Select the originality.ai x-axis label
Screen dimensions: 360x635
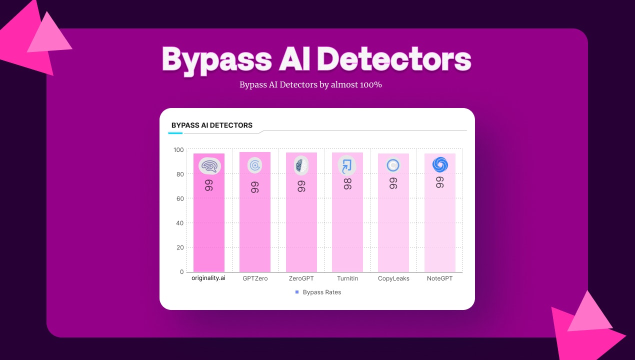coord(208,278)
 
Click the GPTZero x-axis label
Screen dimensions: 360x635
coord(255,278)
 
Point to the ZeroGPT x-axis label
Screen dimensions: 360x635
coord(301,278)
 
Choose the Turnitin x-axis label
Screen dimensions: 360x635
coord(347,278)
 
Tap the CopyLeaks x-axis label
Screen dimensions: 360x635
coord(393,278)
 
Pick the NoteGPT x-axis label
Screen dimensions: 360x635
coord(440,278)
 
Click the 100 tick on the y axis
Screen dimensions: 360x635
coord(178,150)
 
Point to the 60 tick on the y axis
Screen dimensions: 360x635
coord(180,198)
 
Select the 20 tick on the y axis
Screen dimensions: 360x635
coord(180,247)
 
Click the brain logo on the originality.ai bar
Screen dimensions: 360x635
coord(209,166)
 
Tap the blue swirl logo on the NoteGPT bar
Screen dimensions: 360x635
coord(440,164)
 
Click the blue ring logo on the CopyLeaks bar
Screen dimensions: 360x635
coord(393,165)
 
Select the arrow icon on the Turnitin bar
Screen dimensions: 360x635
coord(347,165)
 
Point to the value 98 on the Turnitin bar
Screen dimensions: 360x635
coord(347,184)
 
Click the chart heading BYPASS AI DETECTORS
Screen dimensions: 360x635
coord(212,125)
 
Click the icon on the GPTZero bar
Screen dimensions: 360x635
coord(255,165)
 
